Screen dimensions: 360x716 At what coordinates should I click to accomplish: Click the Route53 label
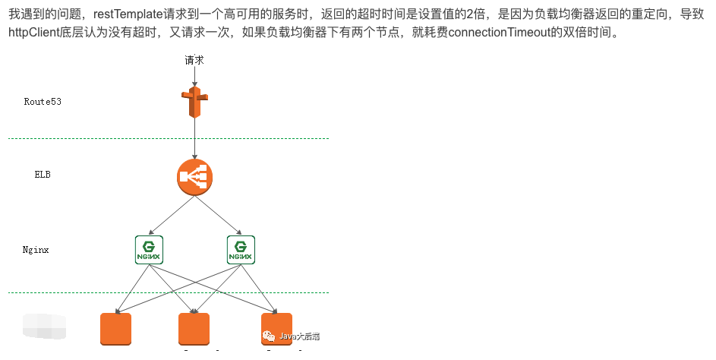click(x=43, y=101)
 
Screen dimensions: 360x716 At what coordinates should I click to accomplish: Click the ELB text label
click(x=43, y=174)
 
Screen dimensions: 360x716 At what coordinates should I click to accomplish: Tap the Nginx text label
click(x=36, y=249)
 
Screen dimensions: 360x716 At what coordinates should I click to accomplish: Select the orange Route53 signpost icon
click(x=195, y=102)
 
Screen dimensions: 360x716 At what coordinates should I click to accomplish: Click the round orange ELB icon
click(x=195, y=177)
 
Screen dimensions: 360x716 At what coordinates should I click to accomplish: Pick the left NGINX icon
click(x=149, y=249)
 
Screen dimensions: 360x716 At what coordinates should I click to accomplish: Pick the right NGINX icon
click(x=241, y=249)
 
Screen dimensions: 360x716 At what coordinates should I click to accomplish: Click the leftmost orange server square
click(x=116, y=330)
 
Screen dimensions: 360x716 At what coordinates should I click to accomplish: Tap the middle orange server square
click(x=194, y=330)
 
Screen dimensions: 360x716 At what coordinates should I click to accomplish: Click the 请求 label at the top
click(x=194, y=60)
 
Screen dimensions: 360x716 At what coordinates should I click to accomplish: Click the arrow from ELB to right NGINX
click(x=220, y=215)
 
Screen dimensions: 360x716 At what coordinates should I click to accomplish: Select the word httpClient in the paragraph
click(x=36, y=33)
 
